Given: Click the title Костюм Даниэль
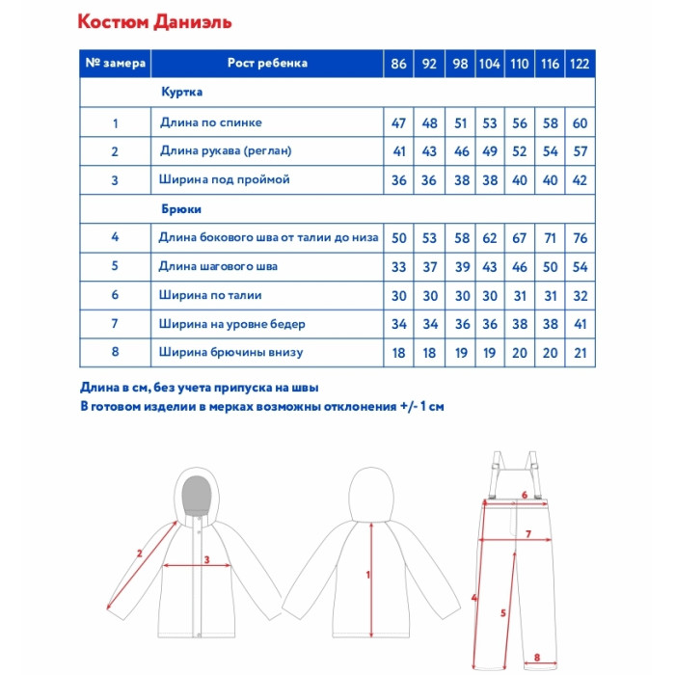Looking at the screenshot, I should tap(153, 21).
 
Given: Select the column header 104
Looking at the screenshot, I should tap(489, 64).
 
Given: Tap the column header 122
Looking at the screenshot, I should tap(580, 64).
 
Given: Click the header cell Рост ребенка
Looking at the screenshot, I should tap(267, 64).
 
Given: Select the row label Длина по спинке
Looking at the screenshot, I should tap(210, 122).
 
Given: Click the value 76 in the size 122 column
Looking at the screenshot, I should tap(580, 237).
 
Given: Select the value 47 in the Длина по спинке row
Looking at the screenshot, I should tap(399, 123).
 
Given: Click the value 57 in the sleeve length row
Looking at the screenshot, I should tap(580, 151).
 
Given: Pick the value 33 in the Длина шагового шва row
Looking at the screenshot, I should tap(399, 266).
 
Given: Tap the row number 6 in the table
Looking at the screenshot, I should tap(115, 295).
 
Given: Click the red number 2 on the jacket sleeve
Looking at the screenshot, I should tap(141, 553).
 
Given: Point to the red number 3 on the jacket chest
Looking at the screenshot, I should tap(205, 559).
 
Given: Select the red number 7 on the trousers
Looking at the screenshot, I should tap(528, 533).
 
